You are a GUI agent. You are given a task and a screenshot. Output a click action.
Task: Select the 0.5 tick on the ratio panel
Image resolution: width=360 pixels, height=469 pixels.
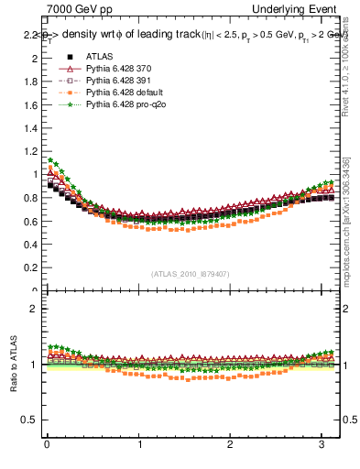[33, 420]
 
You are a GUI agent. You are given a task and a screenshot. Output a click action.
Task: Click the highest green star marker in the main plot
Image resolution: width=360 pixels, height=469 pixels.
[50, 160]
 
